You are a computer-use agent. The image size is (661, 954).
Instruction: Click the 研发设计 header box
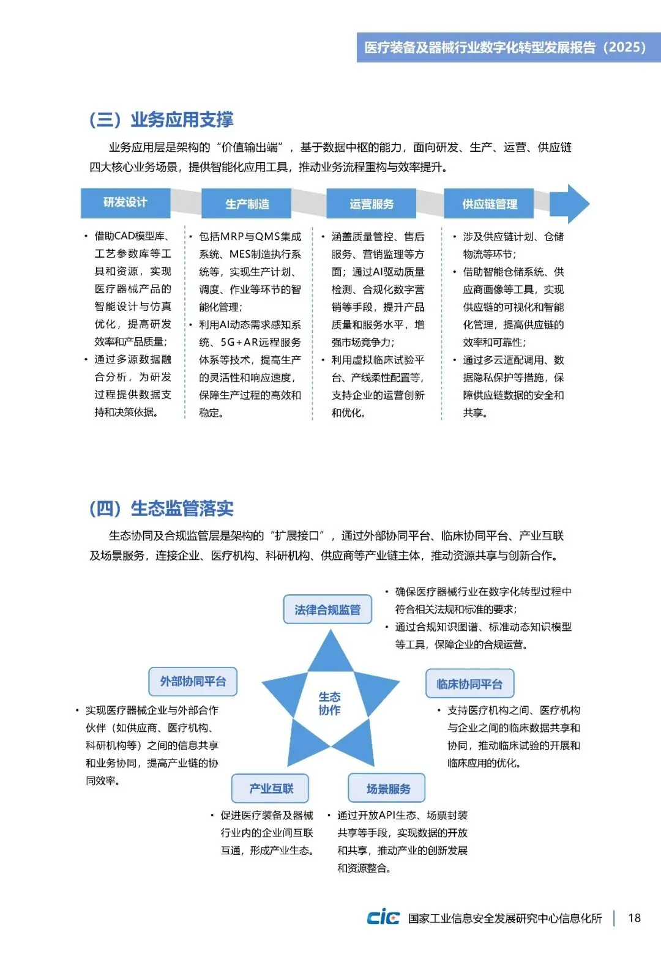[125, 203]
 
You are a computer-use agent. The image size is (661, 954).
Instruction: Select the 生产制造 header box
[247, 204]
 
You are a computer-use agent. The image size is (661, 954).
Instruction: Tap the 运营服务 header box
[372, 204]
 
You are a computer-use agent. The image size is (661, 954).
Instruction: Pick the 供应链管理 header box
[489, 204]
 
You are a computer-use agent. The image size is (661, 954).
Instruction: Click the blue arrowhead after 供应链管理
[572, 204]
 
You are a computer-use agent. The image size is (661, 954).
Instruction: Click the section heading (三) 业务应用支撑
[162, 119]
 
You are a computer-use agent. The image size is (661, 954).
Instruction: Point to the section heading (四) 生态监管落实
[162, 509]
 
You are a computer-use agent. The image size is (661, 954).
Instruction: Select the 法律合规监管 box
[327, 609]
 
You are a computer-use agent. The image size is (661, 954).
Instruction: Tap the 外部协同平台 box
[193, 682]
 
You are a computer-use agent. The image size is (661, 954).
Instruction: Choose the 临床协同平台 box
[469, 684]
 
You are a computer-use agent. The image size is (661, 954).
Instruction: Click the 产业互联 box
[271, 788]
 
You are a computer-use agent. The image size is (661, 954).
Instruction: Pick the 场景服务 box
[387, 788]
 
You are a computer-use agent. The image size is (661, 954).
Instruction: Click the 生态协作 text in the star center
[330, 704]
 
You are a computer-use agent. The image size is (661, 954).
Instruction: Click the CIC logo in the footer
[383, 917]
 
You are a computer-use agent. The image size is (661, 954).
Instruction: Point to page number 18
[634, 918]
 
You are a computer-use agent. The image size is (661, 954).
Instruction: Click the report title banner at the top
[508, 48]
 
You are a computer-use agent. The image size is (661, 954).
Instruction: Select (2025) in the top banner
[624, 48]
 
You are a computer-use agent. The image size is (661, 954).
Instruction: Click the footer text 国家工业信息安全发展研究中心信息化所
[505, 919]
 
